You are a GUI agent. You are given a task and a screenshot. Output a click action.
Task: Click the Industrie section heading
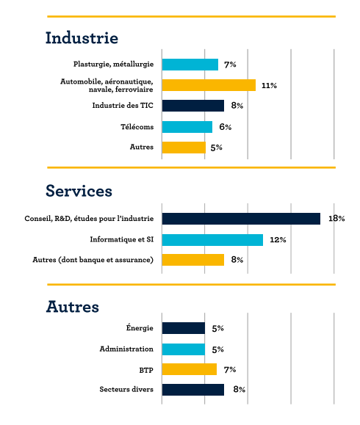point(82,37)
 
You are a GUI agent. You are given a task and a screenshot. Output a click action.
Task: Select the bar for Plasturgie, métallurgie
point(190,65)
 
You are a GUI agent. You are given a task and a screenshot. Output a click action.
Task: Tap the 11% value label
point(269,85)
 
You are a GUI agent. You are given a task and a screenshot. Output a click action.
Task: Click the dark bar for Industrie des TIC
point(193,106)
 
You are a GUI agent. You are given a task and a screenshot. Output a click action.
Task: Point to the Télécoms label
point(137,126)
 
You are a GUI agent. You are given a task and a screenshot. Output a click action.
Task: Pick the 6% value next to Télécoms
point(225,126)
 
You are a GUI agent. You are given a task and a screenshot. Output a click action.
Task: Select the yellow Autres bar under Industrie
point(184,148)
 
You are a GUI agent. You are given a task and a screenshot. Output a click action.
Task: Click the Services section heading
point(79,191)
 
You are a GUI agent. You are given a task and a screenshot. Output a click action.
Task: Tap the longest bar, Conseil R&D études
point(241,219)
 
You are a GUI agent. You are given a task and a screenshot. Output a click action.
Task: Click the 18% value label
point(336,218)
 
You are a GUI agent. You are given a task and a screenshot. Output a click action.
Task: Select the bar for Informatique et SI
point(212,240)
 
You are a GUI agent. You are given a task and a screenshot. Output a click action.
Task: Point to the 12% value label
point(278,239)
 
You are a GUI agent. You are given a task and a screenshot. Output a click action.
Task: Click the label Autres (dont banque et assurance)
point(93,260)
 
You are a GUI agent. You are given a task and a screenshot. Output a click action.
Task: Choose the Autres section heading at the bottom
point(73,307)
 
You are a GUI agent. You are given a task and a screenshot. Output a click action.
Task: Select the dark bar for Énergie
point(184,328)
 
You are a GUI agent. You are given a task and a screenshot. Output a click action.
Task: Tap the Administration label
point(126,349)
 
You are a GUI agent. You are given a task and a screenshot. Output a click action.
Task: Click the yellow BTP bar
point(190,369)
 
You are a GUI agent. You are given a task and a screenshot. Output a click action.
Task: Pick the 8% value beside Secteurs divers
point(240,389)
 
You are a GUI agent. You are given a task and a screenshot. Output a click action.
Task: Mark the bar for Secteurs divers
point(193,390)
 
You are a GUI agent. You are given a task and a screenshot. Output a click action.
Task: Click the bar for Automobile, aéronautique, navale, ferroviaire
point(209,85)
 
